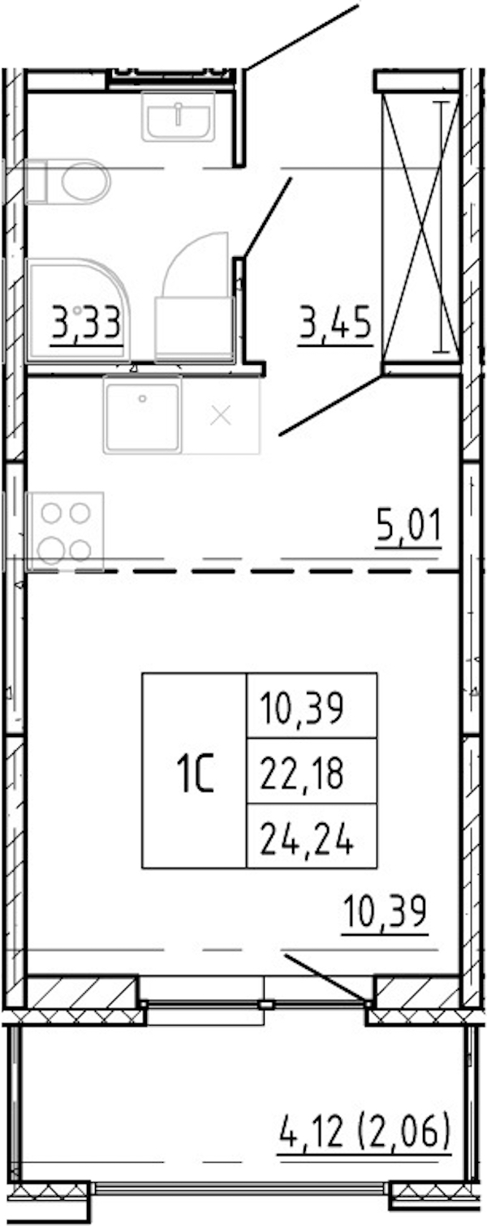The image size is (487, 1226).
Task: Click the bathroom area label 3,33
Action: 86,324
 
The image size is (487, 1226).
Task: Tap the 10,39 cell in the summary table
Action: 302,708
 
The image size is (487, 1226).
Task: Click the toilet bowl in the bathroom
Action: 67,182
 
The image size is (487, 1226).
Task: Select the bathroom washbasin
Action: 179,117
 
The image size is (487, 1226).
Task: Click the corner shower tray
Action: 78,310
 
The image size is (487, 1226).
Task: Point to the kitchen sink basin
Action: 143,415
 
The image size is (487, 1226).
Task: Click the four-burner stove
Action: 65,531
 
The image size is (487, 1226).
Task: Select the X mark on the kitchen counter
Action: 221,416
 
